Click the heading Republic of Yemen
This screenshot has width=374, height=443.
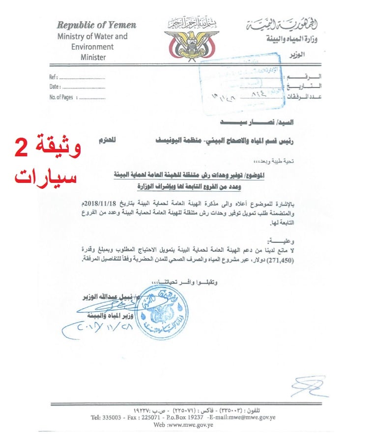pyautogui.click(x=96, y=25)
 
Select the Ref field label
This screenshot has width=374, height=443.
pyautogui.click(x=54, y=78)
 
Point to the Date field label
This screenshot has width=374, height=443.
pyautogui.click(x=55, y=87)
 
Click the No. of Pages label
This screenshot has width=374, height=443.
pyautogui.click(x=61, y=97)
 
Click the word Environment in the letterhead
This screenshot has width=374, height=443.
pyautogui.click(x=92, y=47)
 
